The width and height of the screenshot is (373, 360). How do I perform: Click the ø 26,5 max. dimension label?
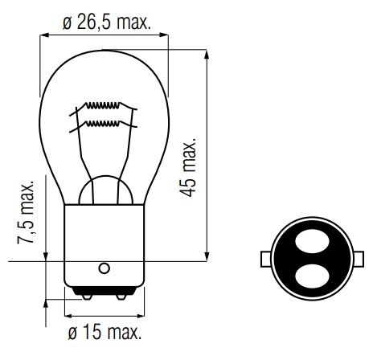point(107,23)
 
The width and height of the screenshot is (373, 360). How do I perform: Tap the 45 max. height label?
point(188,167)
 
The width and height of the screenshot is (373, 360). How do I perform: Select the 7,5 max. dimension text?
point(26,212)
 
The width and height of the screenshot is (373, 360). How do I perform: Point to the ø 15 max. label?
point(105,332)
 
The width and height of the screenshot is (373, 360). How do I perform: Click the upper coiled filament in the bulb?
point(103,106)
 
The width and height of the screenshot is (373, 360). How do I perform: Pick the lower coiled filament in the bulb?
point(103,124)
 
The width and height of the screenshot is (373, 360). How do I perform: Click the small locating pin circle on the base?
point(105,268)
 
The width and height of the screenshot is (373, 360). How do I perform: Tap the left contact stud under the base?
point(87,297)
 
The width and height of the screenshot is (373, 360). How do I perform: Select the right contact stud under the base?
point(121,297)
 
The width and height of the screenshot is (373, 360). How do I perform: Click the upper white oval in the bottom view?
point(312,241)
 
